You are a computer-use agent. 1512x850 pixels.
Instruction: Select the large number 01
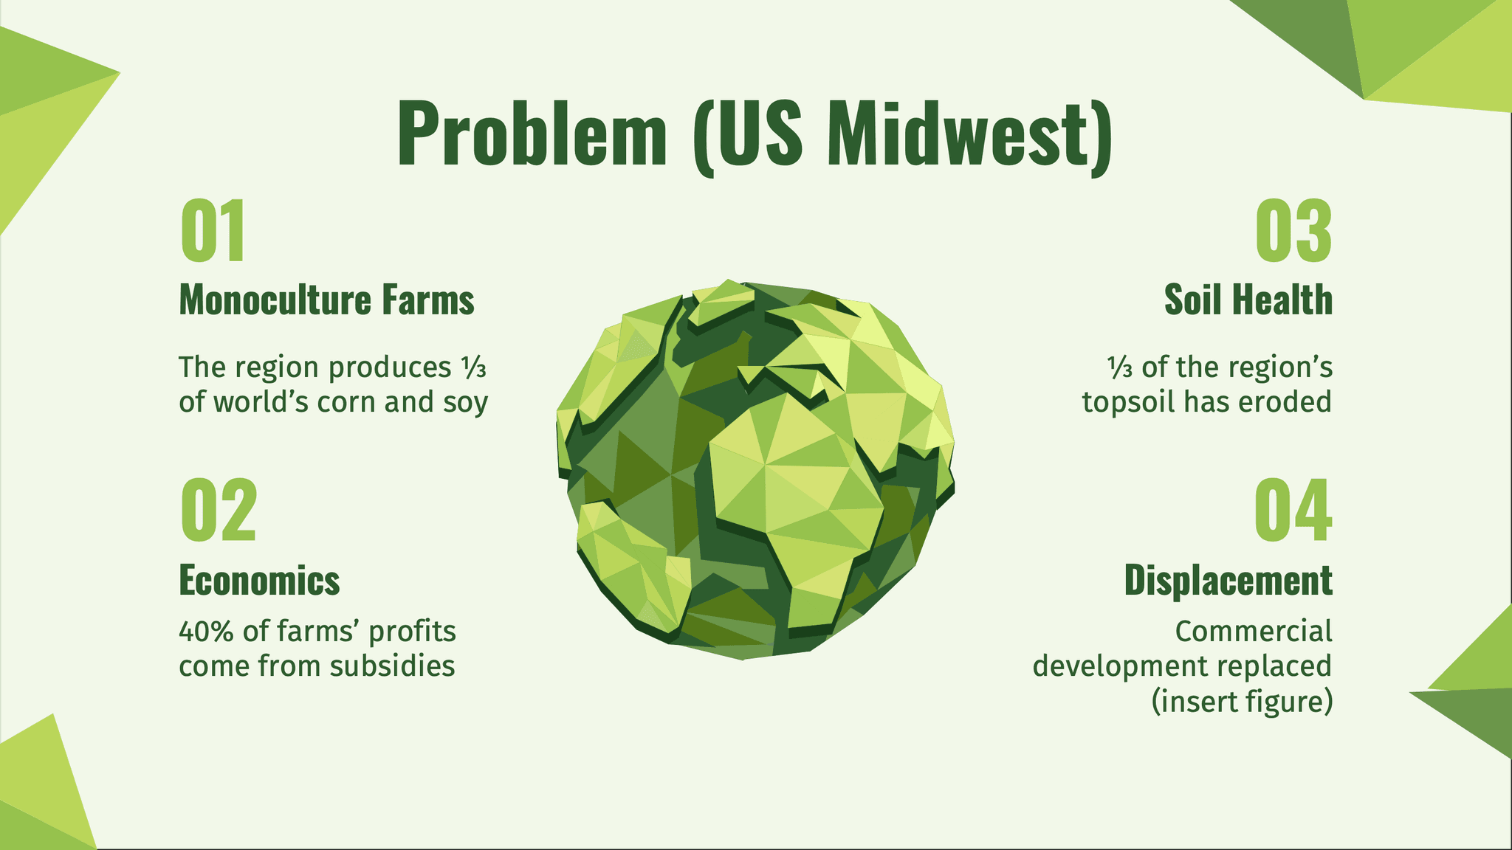tap(212, 231)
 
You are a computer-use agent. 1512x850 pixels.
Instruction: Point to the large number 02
tap(219, 510)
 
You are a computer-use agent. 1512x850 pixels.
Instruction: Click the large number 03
tap(1294, 231)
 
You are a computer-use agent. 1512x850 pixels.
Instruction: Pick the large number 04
tap(1294, 510)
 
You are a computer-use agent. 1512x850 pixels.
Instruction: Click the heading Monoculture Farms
tap(327, 300)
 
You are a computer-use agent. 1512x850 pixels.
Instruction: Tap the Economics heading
tap(260, 580)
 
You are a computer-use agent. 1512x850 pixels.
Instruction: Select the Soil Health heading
tap(1248, 300)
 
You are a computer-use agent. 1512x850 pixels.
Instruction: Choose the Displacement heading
tap(1228, 580)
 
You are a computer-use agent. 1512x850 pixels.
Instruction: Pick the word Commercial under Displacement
tap(1254, 632)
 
